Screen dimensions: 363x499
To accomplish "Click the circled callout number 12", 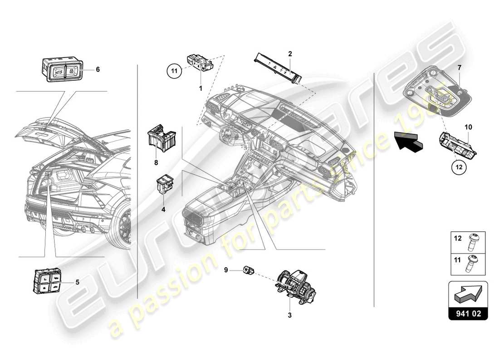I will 459,167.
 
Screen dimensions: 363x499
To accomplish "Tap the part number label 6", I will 98,69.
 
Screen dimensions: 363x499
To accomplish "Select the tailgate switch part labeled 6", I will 61,70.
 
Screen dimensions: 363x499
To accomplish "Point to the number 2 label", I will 289,54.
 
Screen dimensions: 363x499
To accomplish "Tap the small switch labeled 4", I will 164,185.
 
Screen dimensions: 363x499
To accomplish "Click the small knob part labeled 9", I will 249,270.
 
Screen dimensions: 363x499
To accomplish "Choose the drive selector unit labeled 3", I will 295,284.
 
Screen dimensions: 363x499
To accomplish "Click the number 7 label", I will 459,67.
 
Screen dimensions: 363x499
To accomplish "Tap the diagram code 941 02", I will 468,313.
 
